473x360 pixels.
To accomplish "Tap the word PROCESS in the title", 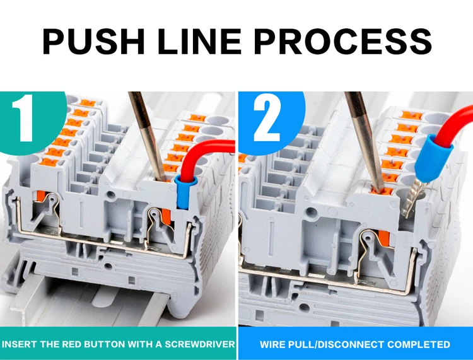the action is click(x=343, y=41).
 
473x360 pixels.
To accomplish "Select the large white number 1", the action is click(x=23, y=118).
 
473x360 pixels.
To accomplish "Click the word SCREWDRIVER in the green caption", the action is click(x=200, y=344).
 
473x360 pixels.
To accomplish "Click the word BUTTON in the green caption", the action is click(x=105, y=344).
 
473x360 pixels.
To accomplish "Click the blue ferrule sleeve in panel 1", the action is click(x=185, y=192).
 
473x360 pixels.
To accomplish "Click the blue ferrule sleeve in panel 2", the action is click(x=434, y=159).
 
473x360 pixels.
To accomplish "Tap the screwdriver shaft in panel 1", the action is click(x=147, y=136).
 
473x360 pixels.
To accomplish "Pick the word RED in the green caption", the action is click(x=72, y=344).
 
